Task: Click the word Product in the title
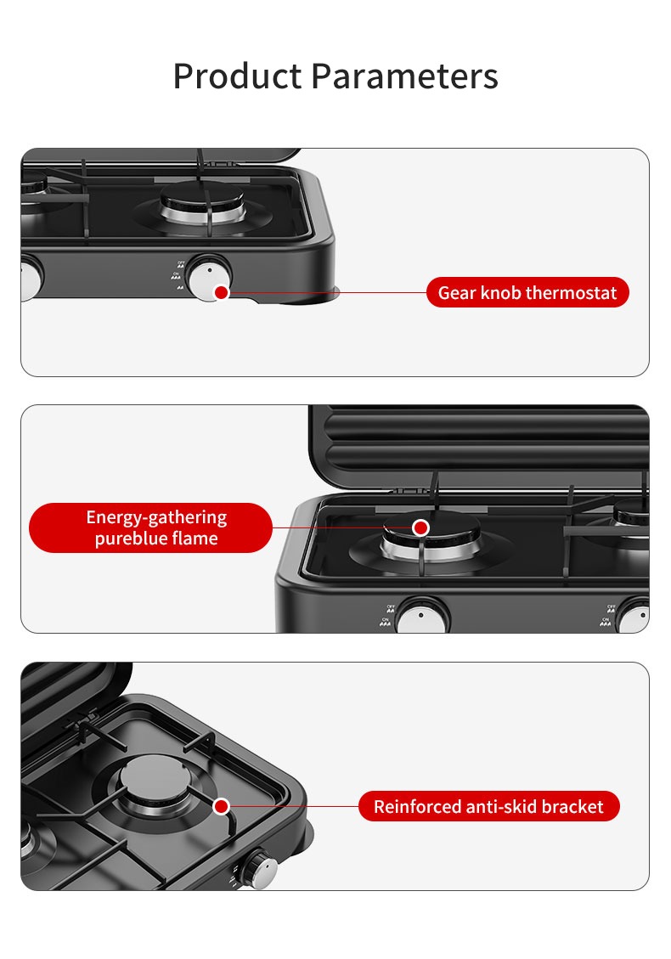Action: click(x=237, y=76)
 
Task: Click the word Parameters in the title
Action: click(x=404, y=76)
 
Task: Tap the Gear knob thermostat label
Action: click(x=527, y=292)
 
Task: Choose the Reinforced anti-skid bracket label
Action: click(x=488, y=806)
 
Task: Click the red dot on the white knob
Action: click(x=222, y=292)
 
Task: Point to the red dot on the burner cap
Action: click(x=420, y=527)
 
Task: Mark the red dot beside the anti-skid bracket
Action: click(x=222, y=806)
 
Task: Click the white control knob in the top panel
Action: click(x=209, y=279)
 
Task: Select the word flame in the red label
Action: click(x=195, y=539)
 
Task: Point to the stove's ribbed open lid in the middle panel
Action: click(x=480, y=444)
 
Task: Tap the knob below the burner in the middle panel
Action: click(x=423, y=617)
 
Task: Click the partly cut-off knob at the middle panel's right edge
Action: click(x=634, y=617)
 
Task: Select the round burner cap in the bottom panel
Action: click(x=155, y=777)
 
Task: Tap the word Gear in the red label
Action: click(x=457, y=293)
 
